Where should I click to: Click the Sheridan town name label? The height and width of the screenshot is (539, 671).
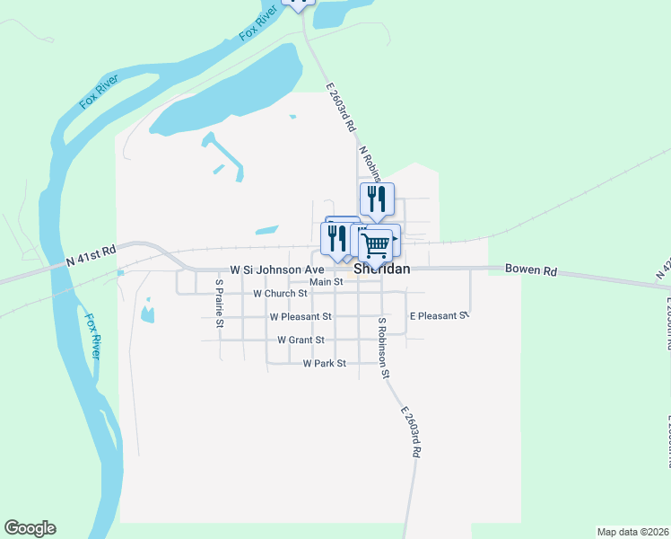pyautogui.click(x=382, y=269)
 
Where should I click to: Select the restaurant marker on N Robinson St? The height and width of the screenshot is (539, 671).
pyautogui.click(x=377, y=199)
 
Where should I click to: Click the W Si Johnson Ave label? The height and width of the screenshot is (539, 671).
pyautogui.click(x=276, y=269)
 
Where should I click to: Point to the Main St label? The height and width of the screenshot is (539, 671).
pyautogui.click(x=327, y=282)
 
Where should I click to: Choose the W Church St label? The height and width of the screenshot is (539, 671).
pyautogui.click(x=280, y=294)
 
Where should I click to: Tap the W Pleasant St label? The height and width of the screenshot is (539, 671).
pyautogui.click(x=301, y=317)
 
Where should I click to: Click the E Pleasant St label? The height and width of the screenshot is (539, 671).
pyautogui.click(x=439, y=316)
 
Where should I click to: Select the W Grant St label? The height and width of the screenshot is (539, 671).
pyautogui.click(x=301, y=340)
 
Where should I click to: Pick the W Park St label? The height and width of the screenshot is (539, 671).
pyautogui.click(x=324, y=364)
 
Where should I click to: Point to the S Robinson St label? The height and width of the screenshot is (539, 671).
pyautogui.click(x=384, y=347)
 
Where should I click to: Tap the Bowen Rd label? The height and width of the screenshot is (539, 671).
pyautogui.click(x=531, y=269)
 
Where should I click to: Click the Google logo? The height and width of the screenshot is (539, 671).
pyautogui.click(x=30, y=528)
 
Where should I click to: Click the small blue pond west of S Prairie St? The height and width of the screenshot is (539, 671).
pyautogui.click(x=147, y=313)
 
